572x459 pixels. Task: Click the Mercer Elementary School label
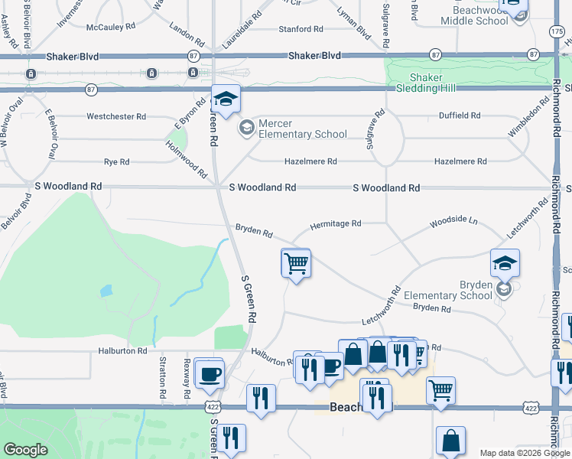(x=302, y=129)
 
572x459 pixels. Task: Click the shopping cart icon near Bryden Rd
(x=296, y=263)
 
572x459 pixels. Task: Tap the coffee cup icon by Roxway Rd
(x=209, y=374)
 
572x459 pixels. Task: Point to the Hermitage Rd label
(x=335, y=224)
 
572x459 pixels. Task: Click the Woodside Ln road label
(x=453, y=221)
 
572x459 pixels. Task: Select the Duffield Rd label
(x=459, y=116)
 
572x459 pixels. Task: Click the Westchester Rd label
(x=116, y=117)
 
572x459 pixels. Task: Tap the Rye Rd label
(x=116, y=162)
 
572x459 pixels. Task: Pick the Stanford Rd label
(x=301, y=29)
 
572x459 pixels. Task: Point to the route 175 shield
(x=556, y=29)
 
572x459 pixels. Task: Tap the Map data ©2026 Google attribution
(x=524, y=453)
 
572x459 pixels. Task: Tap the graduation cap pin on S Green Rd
(x=226, y=99)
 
